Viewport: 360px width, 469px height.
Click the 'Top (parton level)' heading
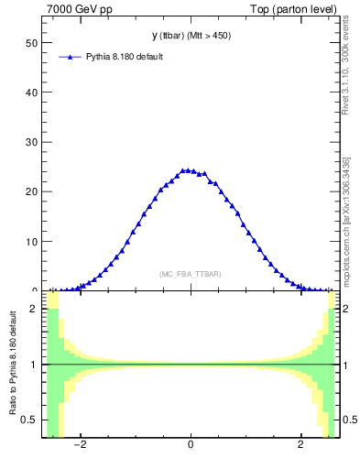tap(300, 9)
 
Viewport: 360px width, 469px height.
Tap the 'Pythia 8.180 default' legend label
tap(125, 57)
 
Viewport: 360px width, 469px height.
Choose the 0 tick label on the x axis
tap(191, 446)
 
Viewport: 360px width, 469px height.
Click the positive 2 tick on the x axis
tap(301, 446)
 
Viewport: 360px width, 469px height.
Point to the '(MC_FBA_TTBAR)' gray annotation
tap(191, 274)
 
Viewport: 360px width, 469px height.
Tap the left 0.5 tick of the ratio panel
tap(29, 420)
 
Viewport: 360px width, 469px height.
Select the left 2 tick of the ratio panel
tap(34, 309)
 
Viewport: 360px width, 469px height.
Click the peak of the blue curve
tap(187, 169)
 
